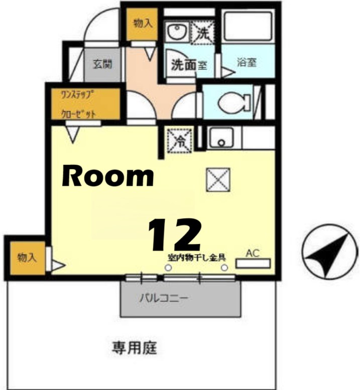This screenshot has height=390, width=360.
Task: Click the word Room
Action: coord(107,176)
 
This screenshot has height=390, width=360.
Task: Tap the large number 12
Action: coord(174,235)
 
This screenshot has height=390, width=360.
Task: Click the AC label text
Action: coord(253,253)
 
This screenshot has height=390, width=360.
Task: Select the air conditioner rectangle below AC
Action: coord(253,263)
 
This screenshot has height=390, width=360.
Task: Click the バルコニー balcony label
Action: coord(164,298)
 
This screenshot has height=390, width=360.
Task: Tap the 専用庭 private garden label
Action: coord(134,347)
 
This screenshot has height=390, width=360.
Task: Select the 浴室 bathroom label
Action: coord(247,63)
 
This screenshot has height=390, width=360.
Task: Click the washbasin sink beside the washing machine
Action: coord(176,33)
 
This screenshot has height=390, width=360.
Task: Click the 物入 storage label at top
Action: coord(142,24)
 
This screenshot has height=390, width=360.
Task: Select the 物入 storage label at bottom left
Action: coord(27,258)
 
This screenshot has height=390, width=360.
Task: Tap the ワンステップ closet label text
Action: coord(78,95)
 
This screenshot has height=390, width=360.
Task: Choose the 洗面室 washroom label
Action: coord(189,65)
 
